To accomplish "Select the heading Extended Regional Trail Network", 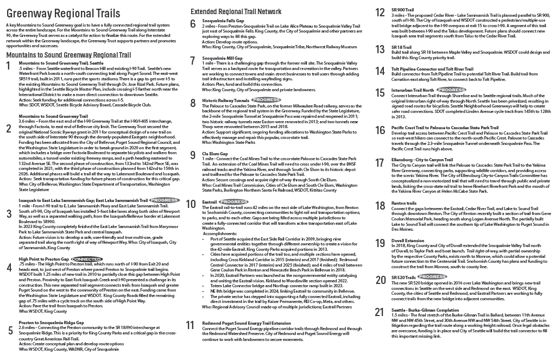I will click(236, 11).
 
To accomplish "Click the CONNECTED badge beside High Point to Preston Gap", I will click(86, 259).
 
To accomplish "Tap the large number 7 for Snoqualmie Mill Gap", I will click(192, 61).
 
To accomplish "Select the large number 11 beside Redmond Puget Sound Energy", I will click(190, 325).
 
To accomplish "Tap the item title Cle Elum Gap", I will click(212, 154).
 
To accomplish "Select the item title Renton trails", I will click(403, 203).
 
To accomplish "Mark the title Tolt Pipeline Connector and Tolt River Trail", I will click(432, 69).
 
